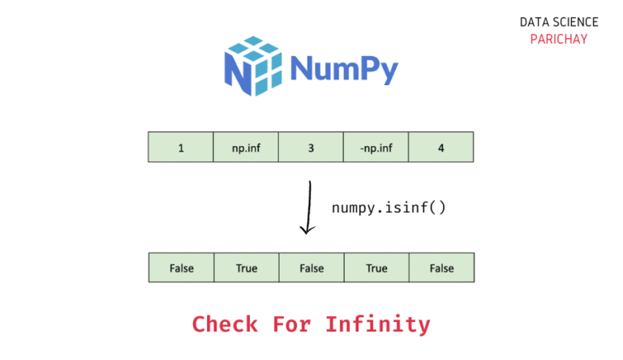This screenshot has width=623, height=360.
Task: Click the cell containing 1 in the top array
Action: (181, 147)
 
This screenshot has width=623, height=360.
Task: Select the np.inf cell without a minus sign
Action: (246, 147)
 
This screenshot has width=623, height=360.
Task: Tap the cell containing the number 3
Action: (311, 147)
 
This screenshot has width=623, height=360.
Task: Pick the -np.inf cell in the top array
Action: (376, 147)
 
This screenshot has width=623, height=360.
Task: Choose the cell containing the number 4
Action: (441, 147)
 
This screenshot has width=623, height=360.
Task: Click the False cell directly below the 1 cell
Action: (182, 268)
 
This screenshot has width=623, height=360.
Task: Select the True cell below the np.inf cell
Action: (247, 268)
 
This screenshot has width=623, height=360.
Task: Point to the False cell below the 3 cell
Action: (311, 268)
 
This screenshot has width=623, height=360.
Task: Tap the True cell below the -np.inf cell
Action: (376, 268)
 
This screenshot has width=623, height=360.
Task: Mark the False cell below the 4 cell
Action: (442, 268)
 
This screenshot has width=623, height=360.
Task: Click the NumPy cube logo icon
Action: (253, 66)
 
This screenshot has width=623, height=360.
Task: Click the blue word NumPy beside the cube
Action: (344, 69)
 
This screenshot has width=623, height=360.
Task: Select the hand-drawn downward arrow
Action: (309, 208)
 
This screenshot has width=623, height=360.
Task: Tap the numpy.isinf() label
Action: (389, 208)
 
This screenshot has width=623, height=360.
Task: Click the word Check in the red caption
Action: (225, 324)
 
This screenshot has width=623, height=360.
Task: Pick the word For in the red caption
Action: (292, 324)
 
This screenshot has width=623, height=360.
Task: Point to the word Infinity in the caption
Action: (378, 324)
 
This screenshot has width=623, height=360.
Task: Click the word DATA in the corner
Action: (534, 22)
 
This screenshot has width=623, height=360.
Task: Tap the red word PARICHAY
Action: (559, 39)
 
